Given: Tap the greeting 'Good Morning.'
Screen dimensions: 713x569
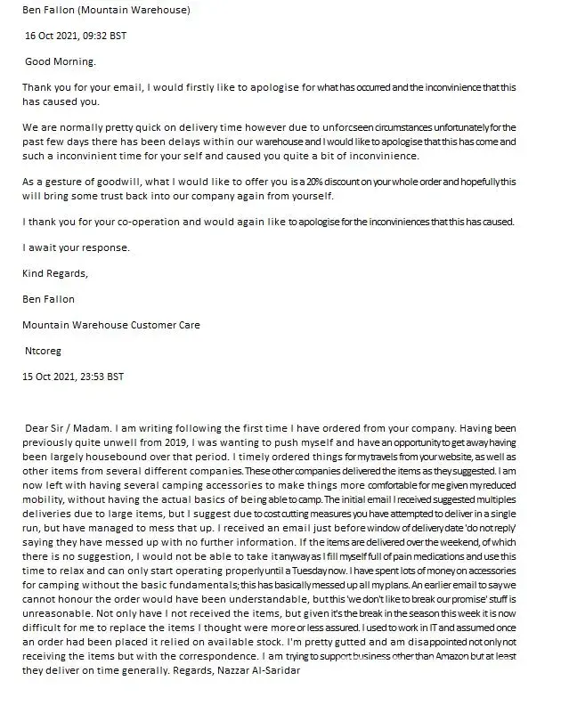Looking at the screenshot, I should click(61, 61).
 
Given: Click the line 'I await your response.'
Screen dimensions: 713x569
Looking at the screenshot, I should click(76, 247).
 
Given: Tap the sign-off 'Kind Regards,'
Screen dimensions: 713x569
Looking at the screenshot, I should click(55, 273).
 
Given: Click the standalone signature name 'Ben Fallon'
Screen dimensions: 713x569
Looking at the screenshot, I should click(49, 299).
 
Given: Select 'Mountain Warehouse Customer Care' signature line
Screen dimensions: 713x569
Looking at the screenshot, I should click(111, 325).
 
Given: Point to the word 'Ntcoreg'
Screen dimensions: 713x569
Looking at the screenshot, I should click(44, 351).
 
